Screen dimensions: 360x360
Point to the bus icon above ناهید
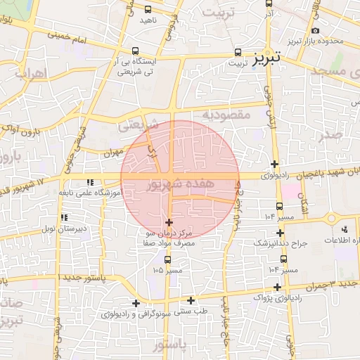coord(147,10)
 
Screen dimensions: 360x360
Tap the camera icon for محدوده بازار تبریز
coord(314,31)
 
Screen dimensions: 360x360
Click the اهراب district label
coord(29,72)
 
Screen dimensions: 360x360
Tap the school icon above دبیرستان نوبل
coord(65,218)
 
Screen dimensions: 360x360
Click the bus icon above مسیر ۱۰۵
coord(167,259)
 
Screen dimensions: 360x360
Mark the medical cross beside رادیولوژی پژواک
coord(278,287)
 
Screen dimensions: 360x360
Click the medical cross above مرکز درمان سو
coord(168,222)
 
